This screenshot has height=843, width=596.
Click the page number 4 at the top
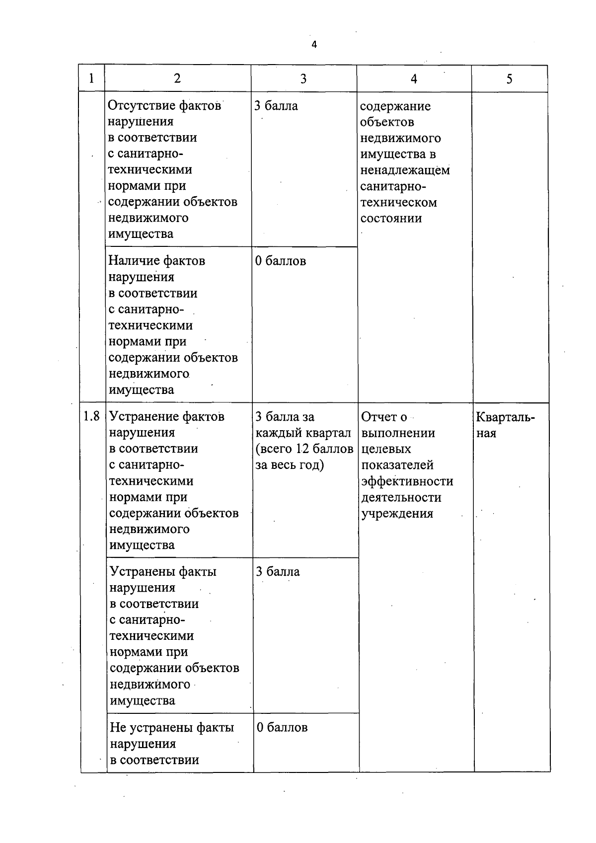[314, 45]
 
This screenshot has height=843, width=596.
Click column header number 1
[91, 78]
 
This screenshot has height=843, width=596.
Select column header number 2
[177, 78]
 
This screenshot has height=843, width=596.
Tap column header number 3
[303, 78]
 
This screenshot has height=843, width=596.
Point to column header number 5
[509, 79]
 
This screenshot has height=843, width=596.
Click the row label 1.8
[92, 416]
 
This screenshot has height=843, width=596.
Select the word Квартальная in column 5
[505, 424]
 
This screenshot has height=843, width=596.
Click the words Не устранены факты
[172, 728]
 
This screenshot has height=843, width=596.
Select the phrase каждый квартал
[302, 433]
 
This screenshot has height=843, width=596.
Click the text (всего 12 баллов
[303, 449]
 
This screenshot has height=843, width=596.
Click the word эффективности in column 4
[407, 481]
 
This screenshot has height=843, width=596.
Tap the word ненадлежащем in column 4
[405, 170]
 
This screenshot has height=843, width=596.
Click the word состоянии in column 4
[391, 219]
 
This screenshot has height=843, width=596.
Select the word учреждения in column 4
[397, 514]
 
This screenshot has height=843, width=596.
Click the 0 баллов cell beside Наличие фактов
[280, 261]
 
